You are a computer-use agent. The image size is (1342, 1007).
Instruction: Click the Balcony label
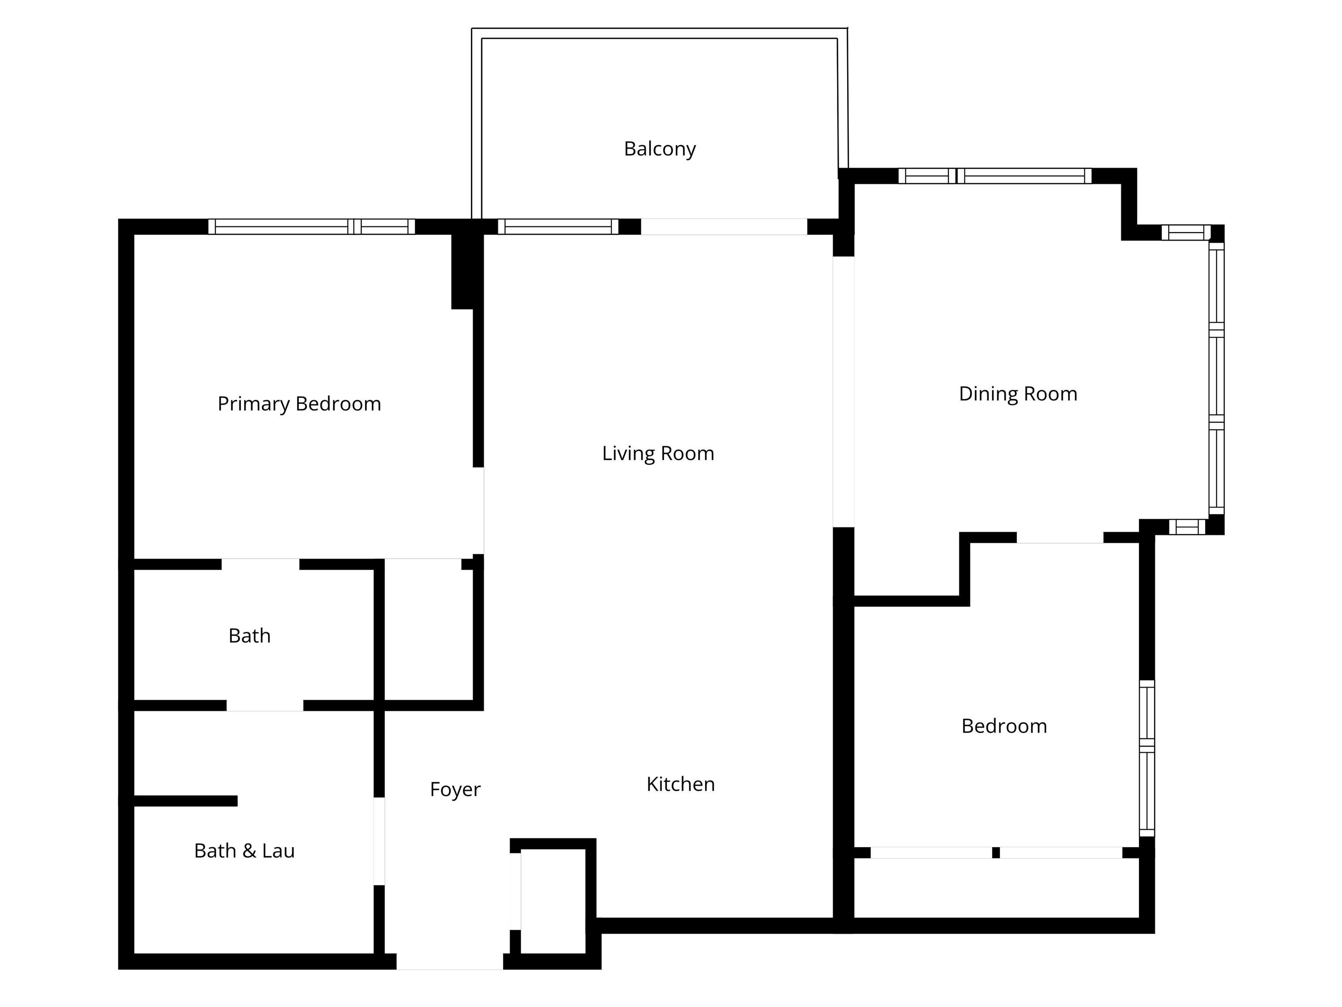coord(660,149)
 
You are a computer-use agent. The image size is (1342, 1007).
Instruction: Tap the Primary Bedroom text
coord(299,404)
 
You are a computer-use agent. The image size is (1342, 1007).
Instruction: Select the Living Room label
coord(657,453)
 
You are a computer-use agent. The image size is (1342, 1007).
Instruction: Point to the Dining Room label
coord(1017,394)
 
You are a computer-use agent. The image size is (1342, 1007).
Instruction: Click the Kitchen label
coord(680,784)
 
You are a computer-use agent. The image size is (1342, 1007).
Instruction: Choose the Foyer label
coord(455,789)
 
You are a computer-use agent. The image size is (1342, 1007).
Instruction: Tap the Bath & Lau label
coord(244,851)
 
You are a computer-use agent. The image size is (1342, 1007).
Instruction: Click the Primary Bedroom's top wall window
coord(311,226)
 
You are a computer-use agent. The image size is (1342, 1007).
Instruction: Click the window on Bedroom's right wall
coord(1146,758)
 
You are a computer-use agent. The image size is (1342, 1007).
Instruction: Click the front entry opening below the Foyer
coord(450,962)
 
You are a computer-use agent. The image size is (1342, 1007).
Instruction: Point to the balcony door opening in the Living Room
coord(724,226)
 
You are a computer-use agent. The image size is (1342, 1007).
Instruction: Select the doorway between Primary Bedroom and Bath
coord(260,564)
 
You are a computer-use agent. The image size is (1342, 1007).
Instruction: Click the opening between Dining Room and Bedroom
coord(1059,538)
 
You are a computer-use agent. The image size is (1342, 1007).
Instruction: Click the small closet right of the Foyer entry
coord(553,901)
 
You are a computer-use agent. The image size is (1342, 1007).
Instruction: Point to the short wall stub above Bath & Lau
coord(185,801)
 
